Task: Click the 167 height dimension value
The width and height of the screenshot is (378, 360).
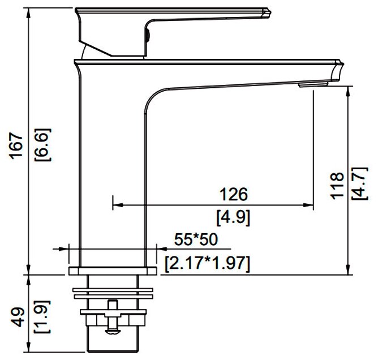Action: (x=16, y=145)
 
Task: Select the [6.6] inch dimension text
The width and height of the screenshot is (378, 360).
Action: (x=42, y=145)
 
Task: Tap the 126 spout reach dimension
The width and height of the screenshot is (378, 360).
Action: (x=234, y=194)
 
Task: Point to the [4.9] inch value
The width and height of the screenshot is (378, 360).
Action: (x=233, y=218)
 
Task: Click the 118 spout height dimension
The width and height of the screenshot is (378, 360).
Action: (x=337, y=186)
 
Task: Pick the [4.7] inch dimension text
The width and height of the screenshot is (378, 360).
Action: (x=360, y=183)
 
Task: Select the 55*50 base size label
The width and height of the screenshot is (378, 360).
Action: (x=196, y=239)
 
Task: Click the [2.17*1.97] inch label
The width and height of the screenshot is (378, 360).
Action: (x=207, y=263)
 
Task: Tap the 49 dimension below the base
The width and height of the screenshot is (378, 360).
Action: (x=18, y=317)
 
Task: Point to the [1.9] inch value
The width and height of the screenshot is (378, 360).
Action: (x=42, y=317)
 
